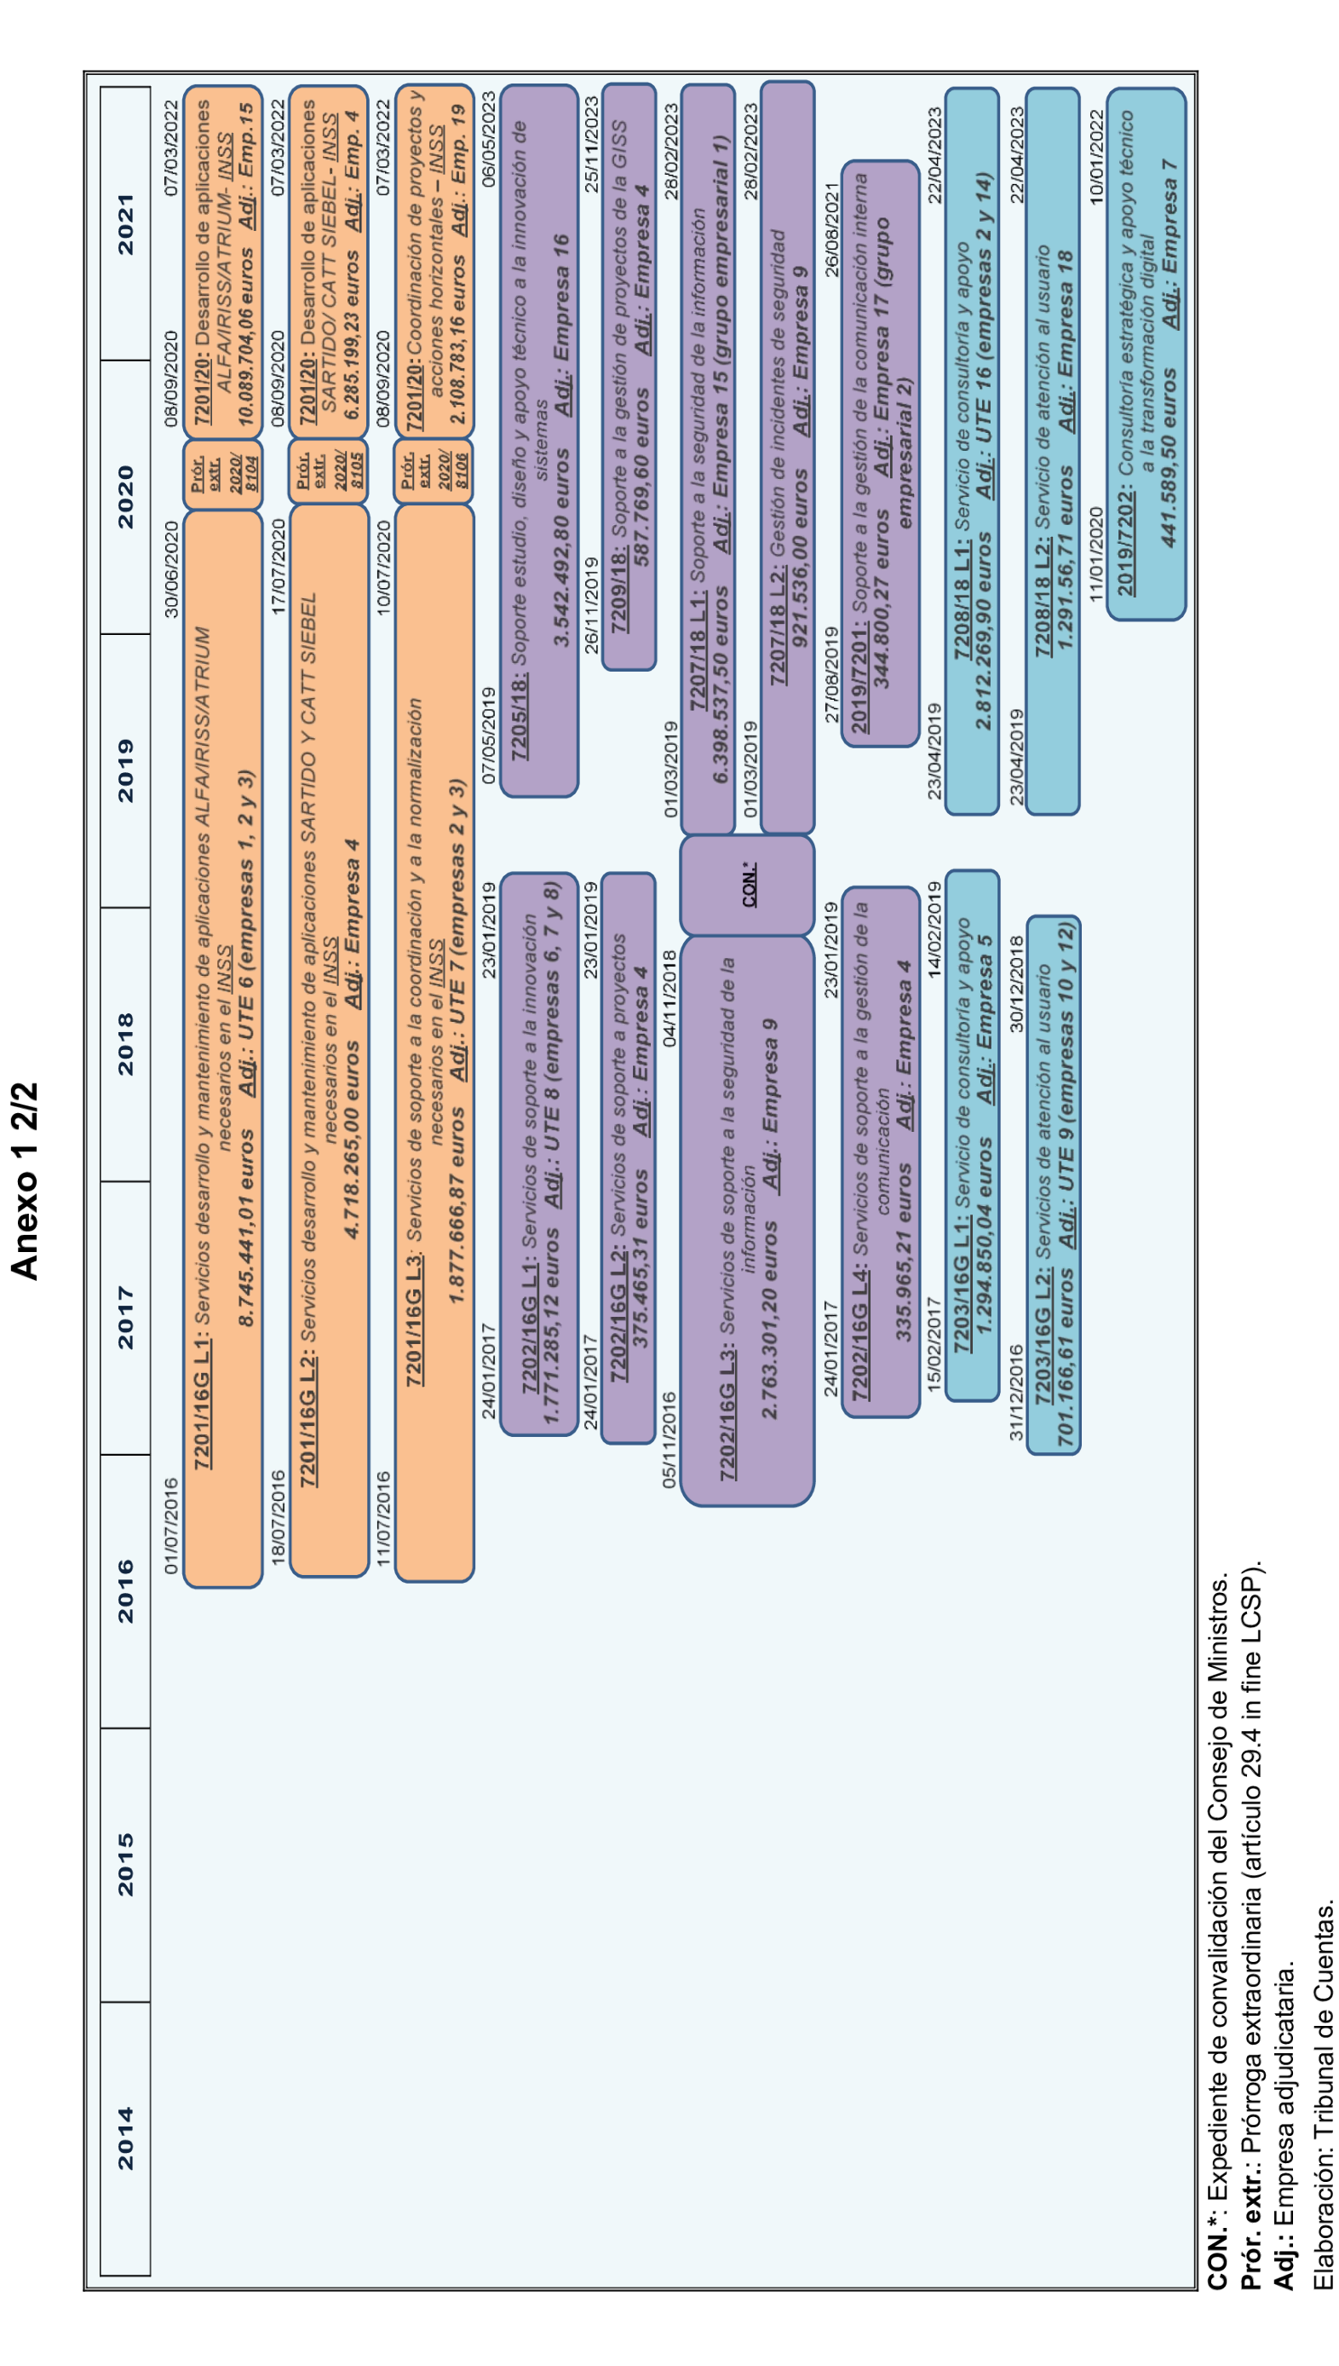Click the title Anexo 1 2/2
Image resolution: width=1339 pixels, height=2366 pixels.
coord(25,1181)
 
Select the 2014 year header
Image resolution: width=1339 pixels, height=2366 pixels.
coord(125,2138)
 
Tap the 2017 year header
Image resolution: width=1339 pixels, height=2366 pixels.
coord(125,1318)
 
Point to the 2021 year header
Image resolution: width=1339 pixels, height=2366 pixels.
coord(125,223)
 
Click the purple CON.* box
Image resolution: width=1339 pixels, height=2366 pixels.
coord(748,884)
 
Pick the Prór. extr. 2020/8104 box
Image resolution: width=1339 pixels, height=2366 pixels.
coord(222,474)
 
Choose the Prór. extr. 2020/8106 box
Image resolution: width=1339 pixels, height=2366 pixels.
coord(434,474)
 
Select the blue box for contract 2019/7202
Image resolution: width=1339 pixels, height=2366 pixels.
coord(1146,355)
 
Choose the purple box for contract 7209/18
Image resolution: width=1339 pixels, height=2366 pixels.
coord(629,378)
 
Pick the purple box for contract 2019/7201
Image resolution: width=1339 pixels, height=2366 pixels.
coord(880,453)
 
